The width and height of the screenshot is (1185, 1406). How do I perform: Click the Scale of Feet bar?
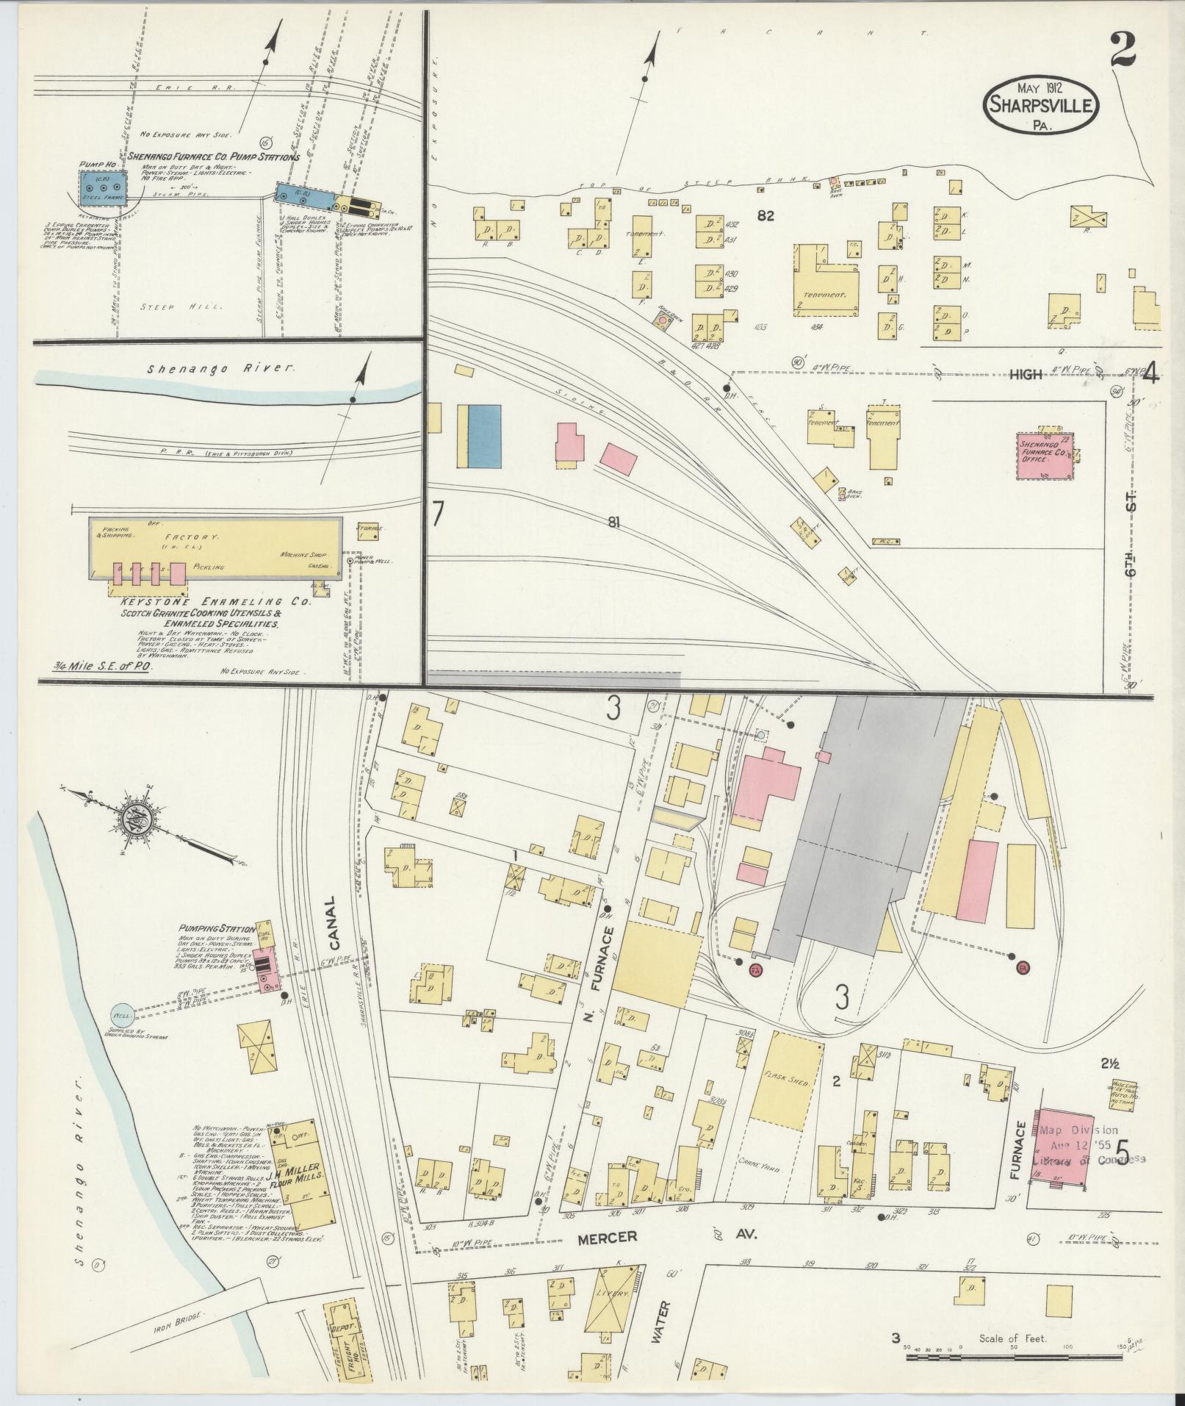coord(1011,1356)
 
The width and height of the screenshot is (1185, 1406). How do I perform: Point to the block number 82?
coord(768,216)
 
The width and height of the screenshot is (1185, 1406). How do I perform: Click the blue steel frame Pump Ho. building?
coord(104,189)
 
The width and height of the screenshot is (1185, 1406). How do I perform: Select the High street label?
coord(1025,375)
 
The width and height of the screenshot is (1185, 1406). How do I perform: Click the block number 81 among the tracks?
coord(616,523)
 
